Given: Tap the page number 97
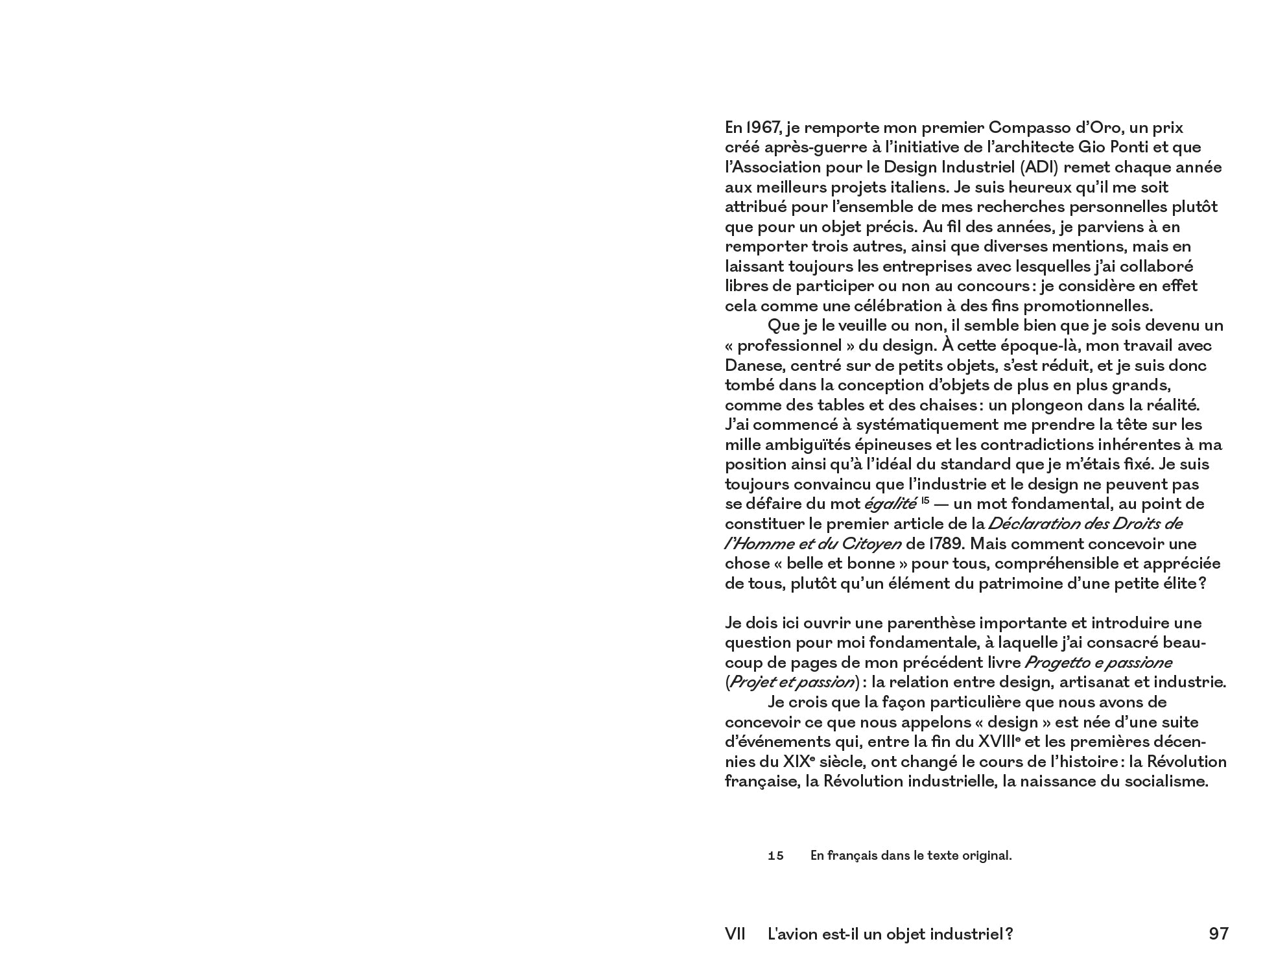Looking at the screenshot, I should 1218,934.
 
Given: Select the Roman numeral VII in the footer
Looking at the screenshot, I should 735,934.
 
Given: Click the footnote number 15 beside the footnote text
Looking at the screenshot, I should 775,856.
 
